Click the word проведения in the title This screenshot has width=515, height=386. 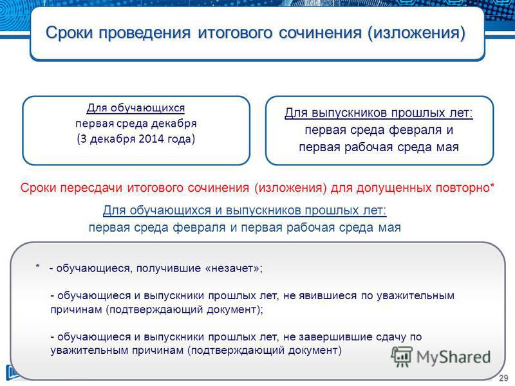click(x=145, y=33)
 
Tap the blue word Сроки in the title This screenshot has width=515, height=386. click(x=70, y=33)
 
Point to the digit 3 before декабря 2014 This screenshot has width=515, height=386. click(x=83, y=139)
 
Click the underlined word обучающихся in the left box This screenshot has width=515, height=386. click(x=147, y=108)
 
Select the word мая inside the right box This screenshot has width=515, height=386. click(x=447, y=147)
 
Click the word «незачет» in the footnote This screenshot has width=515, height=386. click(x=232, y=268)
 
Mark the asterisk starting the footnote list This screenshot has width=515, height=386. click(x=38, y=266)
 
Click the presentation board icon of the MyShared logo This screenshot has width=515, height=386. click(x=402, y=356)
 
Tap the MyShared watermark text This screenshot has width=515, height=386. click(x=454, y=358)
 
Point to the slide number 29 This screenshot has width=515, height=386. click(x=503, y=378)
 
